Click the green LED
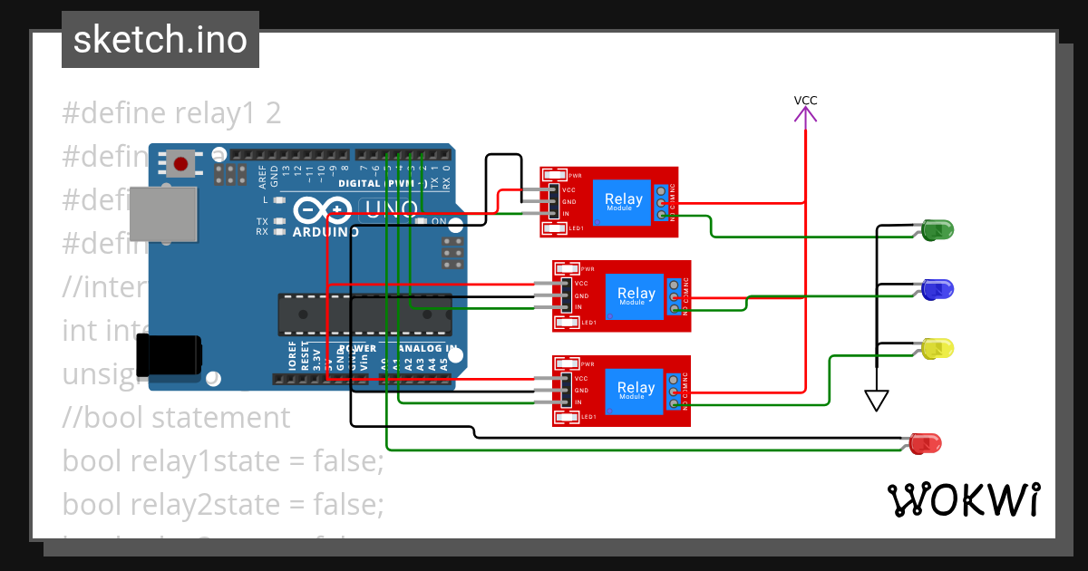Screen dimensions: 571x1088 point(937,230)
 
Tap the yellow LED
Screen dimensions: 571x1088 point(937,348)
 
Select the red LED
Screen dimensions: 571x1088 point(925,443)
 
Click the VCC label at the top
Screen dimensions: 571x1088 point(805,101)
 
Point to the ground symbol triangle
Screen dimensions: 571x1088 point(876,400)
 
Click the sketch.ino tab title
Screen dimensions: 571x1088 point(160,40)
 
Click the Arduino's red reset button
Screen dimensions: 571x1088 point(180,164)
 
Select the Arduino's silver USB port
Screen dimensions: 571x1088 point(163,214)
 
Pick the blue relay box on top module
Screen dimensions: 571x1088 point(623,202)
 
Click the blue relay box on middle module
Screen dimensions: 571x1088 point(636,295)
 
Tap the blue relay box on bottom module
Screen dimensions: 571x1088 point(636,391)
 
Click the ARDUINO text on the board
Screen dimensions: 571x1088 point(325,232)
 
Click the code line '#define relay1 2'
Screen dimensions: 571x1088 point(171,113)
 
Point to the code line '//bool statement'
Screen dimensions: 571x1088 point(176,418)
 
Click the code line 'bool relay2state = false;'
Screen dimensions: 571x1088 point(223,504)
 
